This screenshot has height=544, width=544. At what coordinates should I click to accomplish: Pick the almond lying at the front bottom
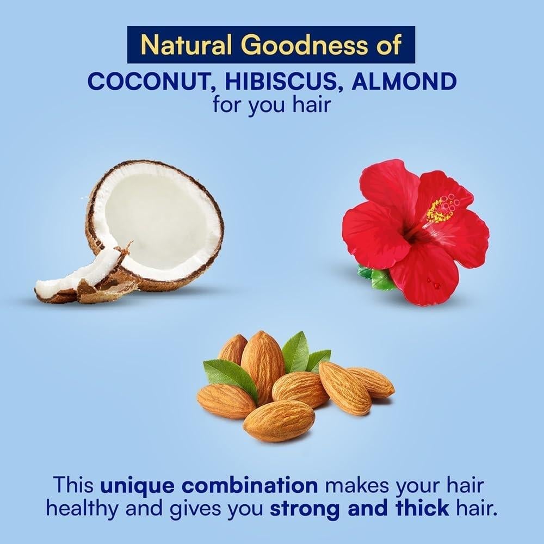click(279, 420)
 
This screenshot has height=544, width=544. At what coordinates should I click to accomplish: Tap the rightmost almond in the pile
click(372, 382)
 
